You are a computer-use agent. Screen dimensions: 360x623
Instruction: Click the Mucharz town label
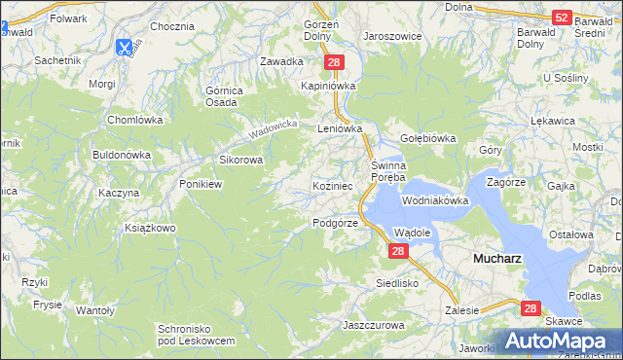496,260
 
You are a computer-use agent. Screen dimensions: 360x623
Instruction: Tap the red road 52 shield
561,17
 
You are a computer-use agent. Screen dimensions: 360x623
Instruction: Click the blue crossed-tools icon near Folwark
125,46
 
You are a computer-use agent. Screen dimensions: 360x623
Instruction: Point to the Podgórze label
336,223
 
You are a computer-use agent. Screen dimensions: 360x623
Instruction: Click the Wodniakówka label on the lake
435,200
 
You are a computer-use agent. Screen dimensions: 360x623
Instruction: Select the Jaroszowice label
392,35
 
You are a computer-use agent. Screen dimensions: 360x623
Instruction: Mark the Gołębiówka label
427,138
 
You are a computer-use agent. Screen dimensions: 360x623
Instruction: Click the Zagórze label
506,182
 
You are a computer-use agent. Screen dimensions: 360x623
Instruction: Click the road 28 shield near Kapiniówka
334,62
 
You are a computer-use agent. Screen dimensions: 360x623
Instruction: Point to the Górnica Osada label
224,97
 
